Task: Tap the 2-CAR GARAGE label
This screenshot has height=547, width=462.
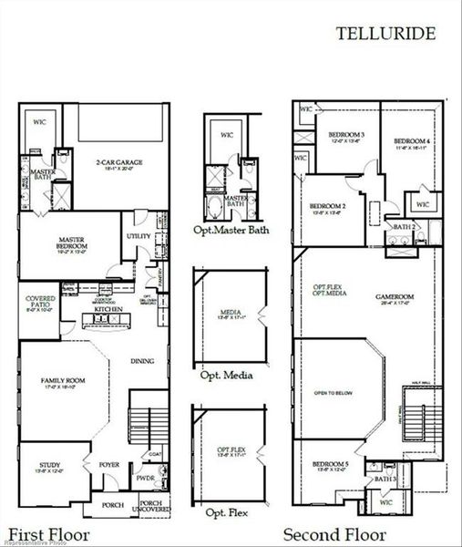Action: (x=120, y=163)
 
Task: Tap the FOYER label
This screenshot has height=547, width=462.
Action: (x=109, y=464)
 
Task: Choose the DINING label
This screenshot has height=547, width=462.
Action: (x=142, y=361)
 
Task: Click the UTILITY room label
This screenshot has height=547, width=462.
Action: (x=139, y=236)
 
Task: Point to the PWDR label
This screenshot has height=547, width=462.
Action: (x=146, y=476)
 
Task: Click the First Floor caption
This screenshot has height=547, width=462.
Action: (x=46, y=535)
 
